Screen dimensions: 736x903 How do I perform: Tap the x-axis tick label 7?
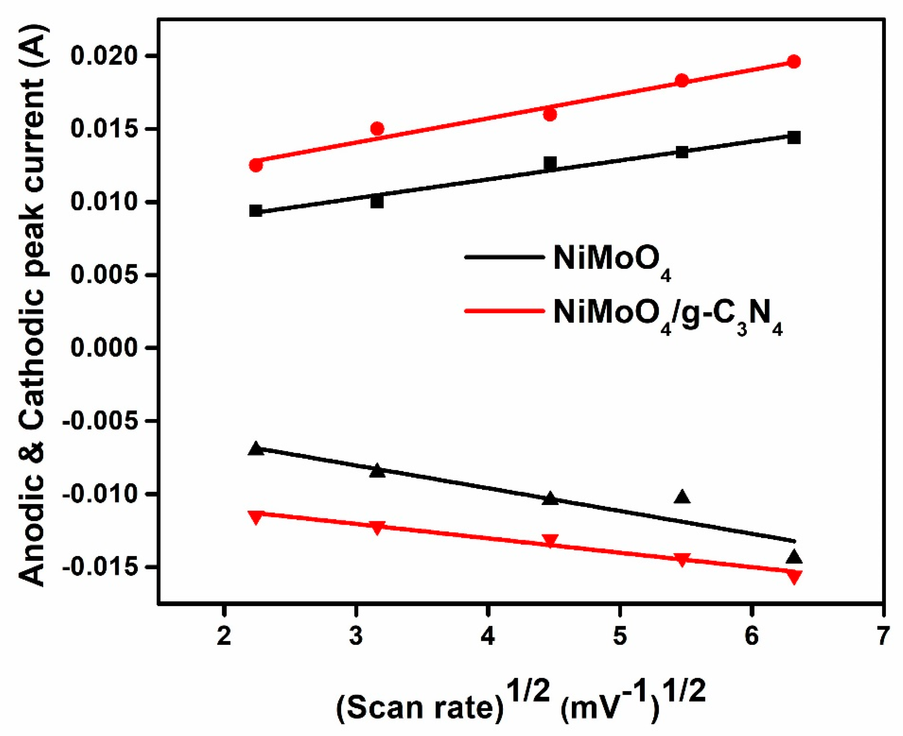click(882, 637)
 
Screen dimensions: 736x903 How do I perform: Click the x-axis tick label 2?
click(223, 637)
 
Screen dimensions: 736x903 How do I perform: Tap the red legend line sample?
click(504, 311)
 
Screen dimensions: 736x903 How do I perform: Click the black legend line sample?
click(504, 257)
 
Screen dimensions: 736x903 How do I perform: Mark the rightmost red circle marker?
click(794, 62)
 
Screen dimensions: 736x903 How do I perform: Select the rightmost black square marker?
click(794, 137)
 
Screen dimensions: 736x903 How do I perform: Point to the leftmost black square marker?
click(256, 211)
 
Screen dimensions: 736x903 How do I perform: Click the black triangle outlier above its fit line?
click(682, 497)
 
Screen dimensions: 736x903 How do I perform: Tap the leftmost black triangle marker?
click(256, 448)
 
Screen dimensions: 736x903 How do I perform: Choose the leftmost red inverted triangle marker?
click(256, 517)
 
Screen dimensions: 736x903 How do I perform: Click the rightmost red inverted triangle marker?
click(794, 576)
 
